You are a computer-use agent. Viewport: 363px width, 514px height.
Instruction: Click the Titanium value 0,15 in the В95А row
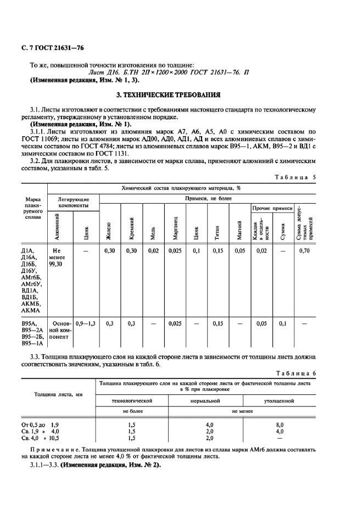pyautogui.click(x=217, y=323)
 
